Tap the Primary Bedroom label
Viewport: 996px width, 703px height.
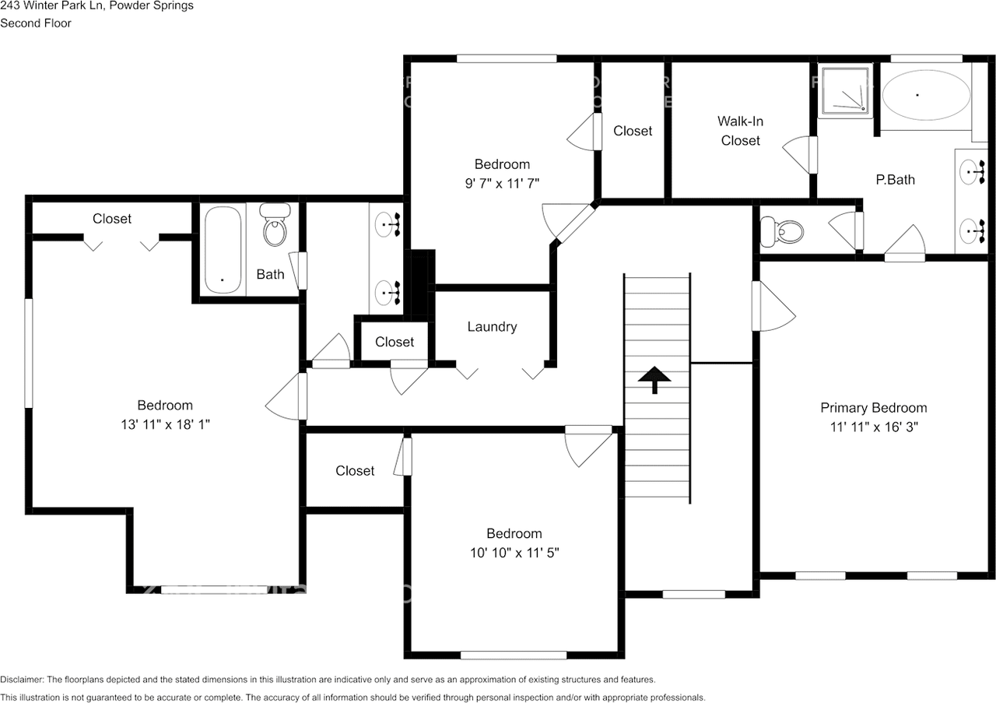pyautogui.click(x=874, y=408)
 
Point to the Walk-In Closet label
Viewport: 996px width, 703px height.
pyautogui.click(x=740, y=131)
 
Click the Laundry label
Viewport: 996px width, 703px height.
pyautogui.click(x=492, y=327)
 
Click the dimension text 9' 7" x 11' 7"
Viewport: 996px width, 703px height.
pyautogui.click(x=502, y=183)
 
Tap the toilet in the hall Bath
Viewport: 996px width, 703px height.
pyautogui.click(x=275, y=226)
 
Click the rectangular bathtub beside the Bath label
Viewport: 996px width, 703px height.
pyautogui.click(x=223, y=249)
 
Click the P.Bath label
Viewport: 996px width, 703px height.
pyautogui.click(x=895, y=180)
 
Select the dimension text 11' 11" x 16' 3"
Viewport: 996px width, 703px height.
pyautogui.click(x=874, y=427)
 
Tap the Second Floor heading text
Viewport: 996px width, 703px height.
pyautogui.click(x=36, y=23)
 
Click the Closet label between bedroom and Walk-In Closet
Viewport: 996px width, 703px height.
pyautogui.click(x=633, y=131)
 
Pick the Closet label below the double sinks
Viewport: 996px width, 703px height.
pyautogui.click(x=395, y=342)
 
